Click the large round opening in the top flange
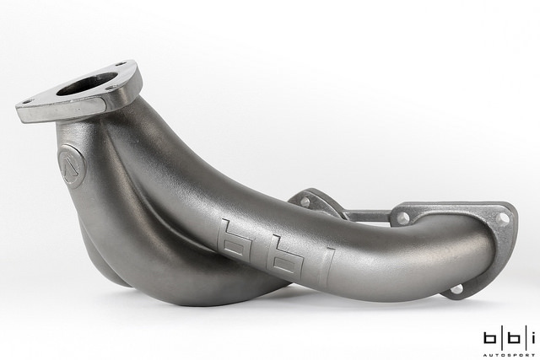tap(88, 83)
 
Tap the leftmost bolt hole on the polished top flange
tap(28, 102)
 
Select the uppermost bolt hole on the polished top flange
tap(120, 64)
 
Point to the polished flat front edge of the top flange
tap(60, 110)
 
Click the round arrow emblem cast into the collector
tap(72, 166)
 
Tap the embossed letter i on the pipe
tap(327, 267)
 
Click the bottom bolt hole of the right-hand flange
tap(456, 289)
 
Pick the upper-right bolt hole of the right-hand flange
tap(503, 218)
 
